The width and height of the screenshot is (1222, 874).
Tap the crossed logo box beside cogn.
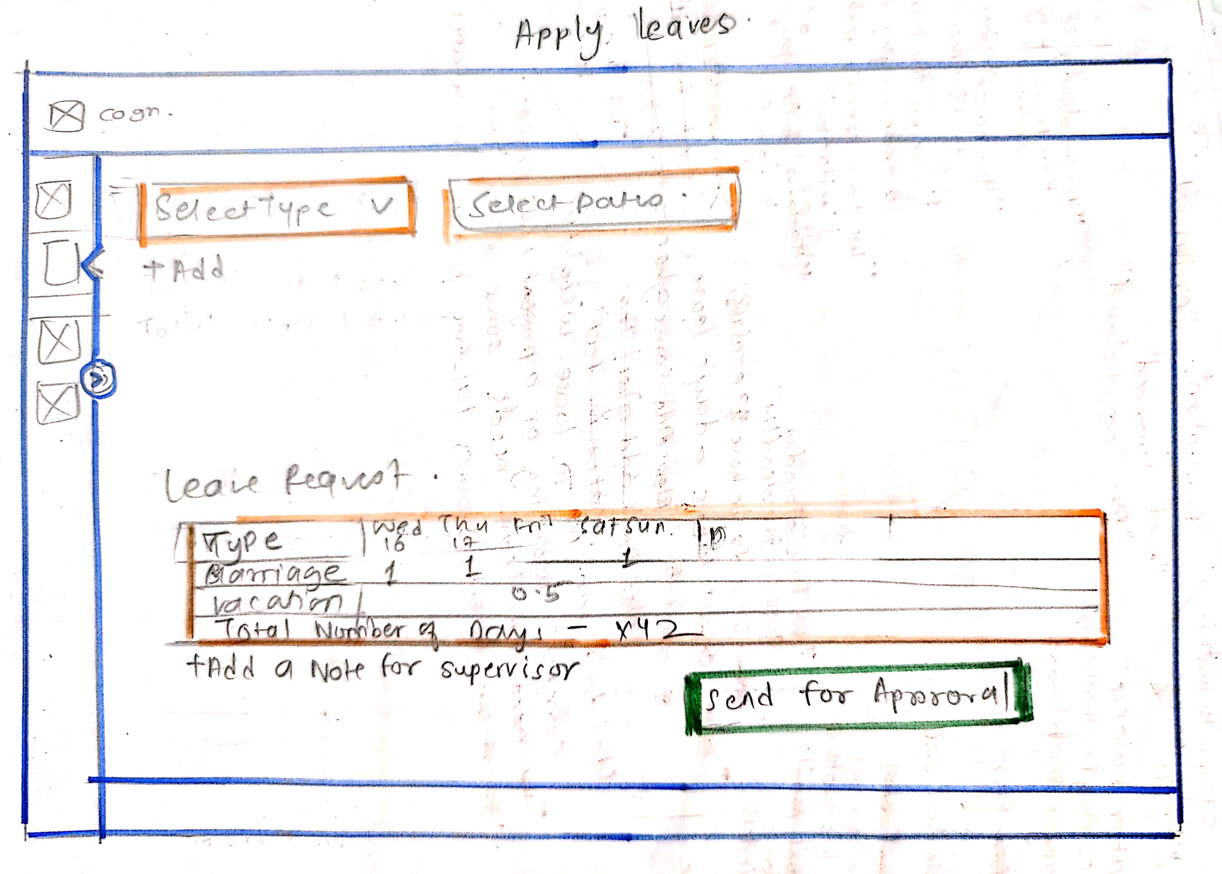[66, 116]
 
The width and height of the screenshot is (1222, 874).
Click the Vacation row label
[277, 603]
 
